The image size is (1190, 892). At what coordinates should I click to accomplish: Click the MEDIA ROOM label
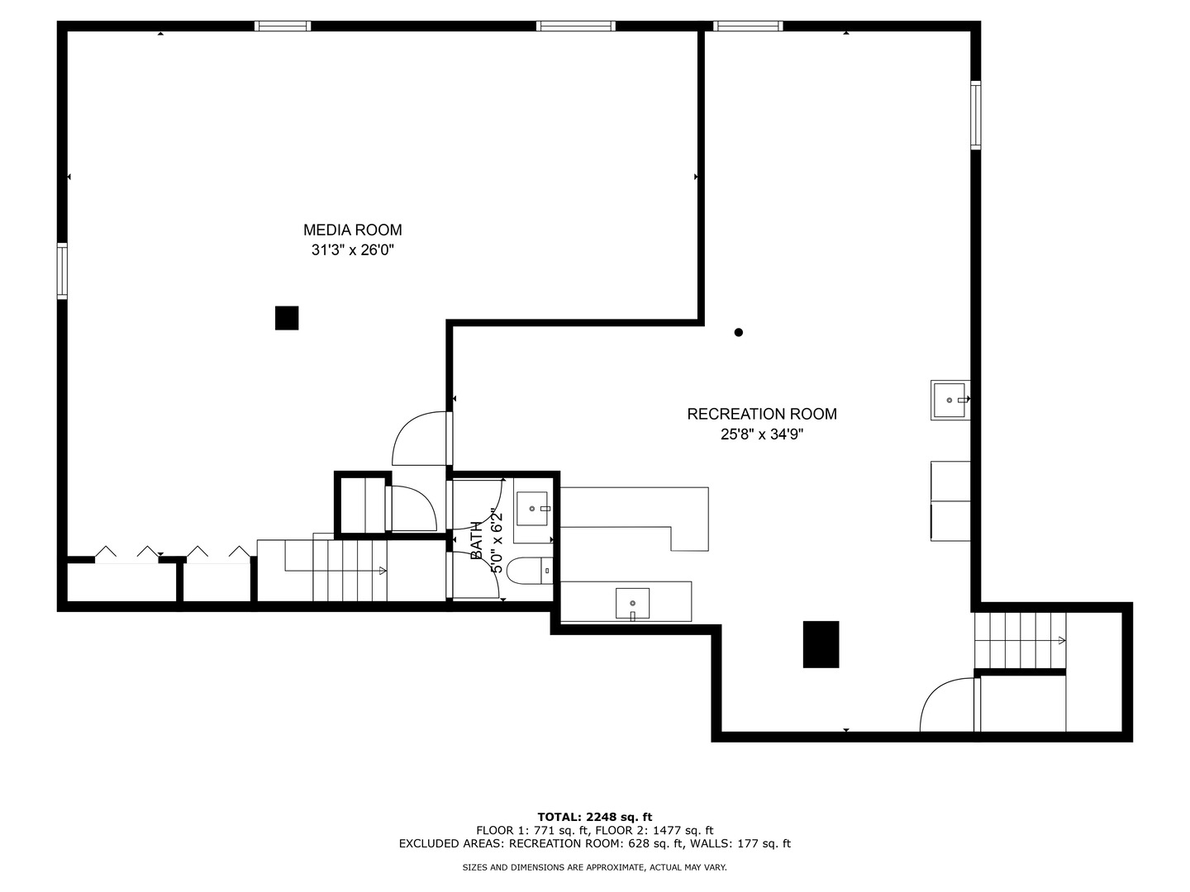(352, 230)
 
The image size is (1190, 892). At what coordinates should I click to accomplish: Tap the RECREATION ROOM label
(762, 415)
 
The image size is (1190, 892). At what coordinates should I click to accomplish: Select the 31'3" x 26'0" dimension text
(352, 250)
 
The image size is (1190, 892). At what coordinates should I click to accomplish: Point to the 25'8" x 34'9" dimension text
(762, 434)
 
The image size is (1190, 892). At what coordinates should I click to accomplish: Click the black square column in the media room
(287, 318)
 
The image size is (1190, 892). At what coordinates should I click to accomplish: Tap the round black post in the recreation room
(739, 333)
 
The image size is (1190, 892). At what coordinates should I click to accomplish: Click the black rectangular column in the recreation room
(821, 644)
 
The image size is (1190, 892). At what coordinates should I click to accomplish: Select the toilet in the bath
(530, 571)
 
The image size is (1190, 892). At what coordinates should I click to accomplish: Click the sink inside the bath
(532, 509)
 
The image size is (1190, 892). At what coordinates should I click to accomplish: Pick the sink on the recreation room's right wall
(949, 401)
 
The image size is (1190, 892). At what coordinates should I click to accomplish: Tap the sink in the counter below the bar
(632, 603)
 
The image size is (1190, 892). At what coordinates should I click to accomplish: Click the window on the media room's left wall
(62, 271)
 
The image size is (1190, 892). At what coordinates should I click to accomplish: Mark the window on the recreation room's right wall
(976, 115)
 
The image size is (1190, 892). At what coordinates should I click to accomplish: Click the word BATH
(476, 540)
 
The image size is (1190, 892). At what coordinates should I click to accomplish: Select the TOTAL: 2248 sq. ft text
(595, 818)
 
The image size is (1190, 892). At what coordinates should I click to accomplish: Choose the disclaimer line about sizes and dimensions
(595, 867)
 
